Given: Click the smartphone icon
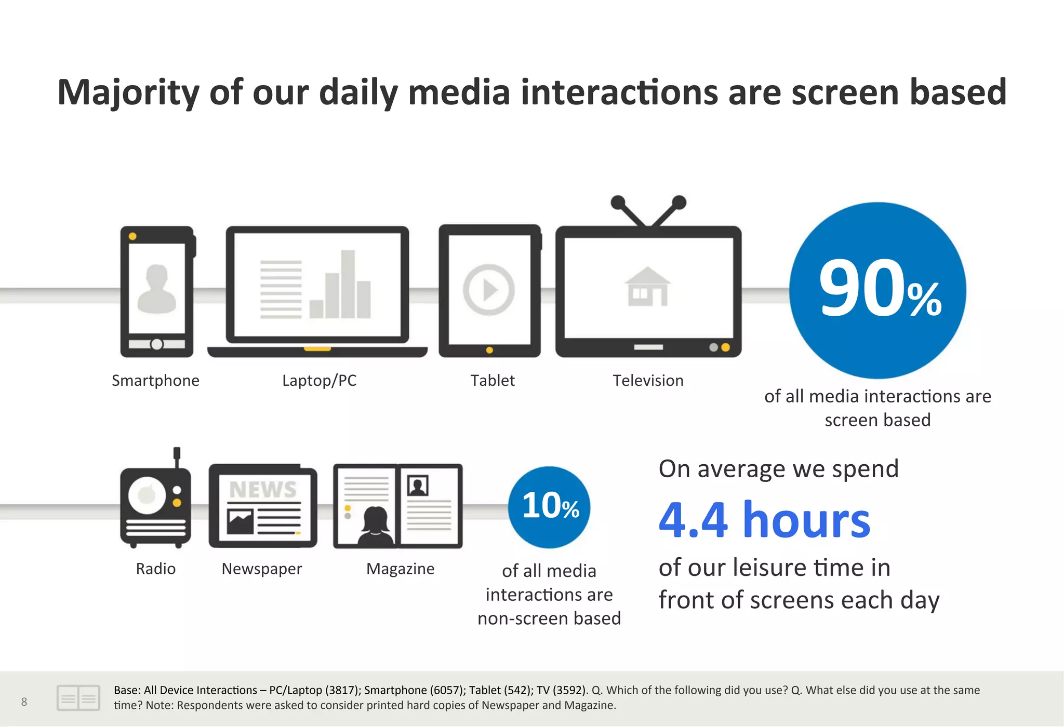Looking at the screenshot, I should [157, 291].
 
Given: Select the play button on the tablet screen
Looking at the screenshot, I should [488, 290].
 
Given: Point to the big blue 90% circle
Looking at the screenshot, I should [877, 290].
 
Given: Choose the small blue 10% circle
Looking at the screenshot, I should [549, 507].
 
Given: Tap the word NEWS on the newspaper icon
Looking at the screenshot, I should [263, 489].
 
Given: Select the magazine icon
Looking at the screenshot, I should [398, 506].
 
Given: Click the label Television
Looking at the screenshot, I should [648, 381].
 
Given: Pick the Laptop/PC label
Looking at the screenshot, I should [319, 381].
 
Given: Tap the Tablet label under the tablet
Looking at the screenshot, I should [493, 381].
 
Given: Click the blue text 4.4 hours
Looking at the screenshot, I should [764, 520].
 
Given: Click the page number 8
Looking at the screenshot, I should [24, 702].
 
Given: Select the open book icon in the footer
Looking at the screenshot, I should [78, 698].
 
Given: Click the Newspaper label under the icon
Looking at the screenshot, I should [261, 569].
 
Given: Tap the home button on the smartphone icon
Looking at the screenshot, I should [156, 344].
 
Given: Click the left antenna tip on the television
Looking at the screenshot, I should [618, 202].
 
